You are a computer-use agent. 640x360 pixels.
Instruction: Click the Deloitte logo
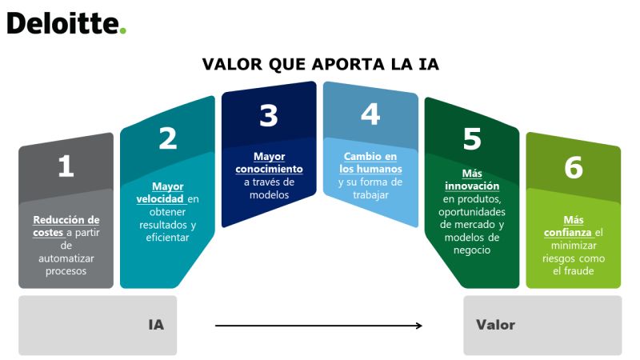[66, 23]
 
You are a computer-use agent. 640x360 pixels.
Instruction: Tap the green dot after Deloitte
[123, 30]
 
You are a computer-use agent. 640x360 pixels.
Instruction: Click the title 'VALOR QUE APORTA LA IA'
[321, 65]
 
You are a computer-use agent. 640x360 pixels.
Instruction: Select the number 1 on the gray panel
[66, 166]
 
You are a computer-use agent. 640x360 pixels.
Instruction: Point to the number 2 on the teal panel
[168, 138]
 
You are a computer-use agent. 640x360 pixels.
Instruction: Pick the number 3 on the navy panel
[269, 115]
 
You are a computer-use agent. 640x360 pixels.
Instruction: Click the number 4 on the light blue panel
[370, 114]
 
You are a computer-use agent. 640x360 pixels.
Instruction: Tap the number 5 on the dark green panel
[472, 138]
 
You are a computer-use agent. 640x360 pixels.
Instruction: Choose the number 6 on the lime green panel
[574, 167]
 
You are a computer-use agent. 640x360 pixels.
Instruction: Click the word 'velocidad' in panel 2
[159, 198]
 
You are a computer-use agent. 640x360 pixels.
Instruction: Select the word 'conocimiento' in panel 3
[269, 169]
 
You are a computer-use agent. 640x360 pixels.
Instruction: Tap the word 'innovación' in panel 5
[472, 186]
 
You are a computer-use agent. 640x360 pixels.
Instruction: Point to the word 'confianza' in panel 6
[567, 233]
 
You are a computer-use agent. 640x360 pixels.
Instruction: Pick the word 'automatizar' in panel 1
[66, 258]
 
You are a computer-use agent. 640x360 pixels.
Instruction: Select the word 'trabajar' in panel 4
[370, 195]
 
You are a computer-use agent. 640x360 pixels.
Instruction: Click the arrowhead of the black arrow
[418, 326]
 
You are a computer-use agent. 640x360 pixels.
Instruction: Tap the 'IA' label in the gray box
[156, 325]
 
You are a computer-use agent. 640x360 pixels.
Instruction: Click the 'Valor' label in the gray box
[495, 325]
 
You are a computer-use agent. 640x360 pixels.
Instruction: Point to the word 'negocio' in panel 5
[472, 250]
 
